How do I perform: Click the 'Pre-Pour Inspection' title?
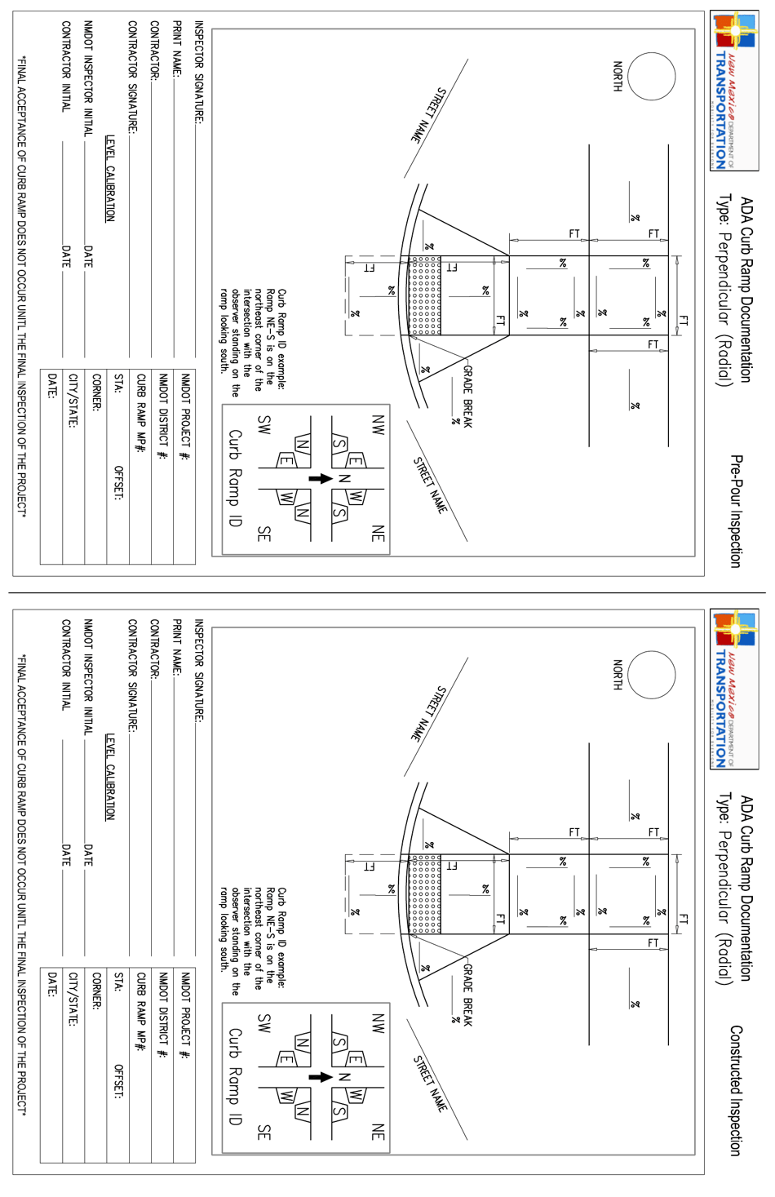point(736,511)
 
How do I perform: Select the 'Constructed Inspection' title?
point(736,1090)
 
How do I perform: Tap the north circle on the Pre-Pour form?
point(652,76)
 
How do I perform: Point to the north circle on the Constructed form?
point(652,675)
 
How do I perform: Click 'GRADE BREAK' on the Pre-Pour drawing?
point(468,397)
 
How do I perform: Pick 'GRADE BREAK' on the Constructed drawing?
point(468,995)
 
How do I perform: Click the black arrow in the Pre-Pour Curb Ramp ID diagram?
point(321,478)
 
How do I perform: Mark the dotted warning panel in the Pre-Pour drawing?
point(424,295)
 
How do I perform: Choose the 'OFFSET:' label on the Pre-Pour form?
point(118,483)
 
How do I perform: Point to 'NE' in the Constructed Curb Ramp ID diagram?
point(378,1132)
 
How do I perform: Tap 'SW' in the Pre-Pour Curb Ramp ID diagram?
point(263,425)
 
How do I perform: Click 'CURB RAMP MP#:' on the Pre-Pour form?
point(141,413)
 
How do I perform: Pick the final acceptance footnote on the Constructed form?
point(22,884)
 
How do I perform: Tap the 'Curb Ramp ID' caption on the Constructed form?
point(235,1076)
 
